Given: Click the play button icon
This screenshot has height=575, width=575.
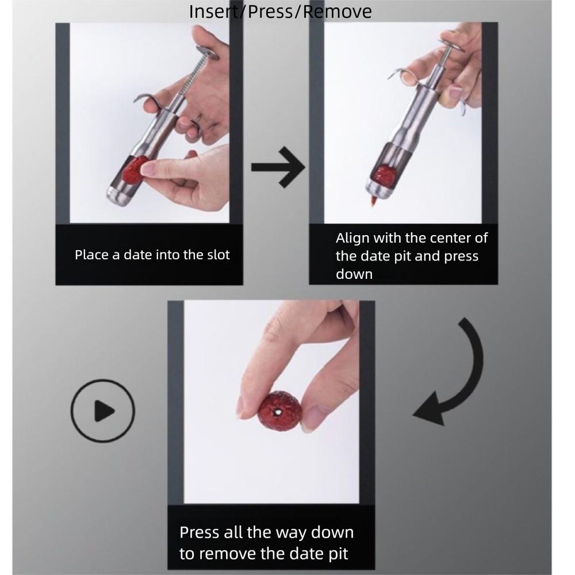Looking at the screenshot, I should click(102, 411).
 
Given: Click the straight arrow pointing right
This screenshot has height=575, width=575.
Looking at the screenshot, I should click(278, 167).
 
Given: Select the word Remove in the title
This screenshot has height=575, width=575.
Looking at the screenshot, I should click(338, 11).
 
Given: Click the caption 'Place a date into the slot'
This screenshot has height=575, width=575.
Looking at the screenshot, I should click(152, 255).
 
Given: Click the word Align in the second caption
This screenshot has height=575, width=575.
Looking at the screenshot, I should click(352, 237).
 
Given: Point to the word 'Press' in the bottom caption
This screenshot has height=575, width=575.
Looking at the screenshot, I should click(198, 532).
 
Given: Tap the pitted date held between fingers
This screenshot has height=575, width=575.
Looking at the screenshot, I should click(278, 410).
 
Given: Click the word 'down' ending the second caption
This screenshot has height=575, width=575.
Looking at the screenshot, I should click(354, 274).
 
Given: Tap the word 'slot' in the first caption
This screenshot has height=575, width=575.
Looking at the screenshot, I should click(218, 255).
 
